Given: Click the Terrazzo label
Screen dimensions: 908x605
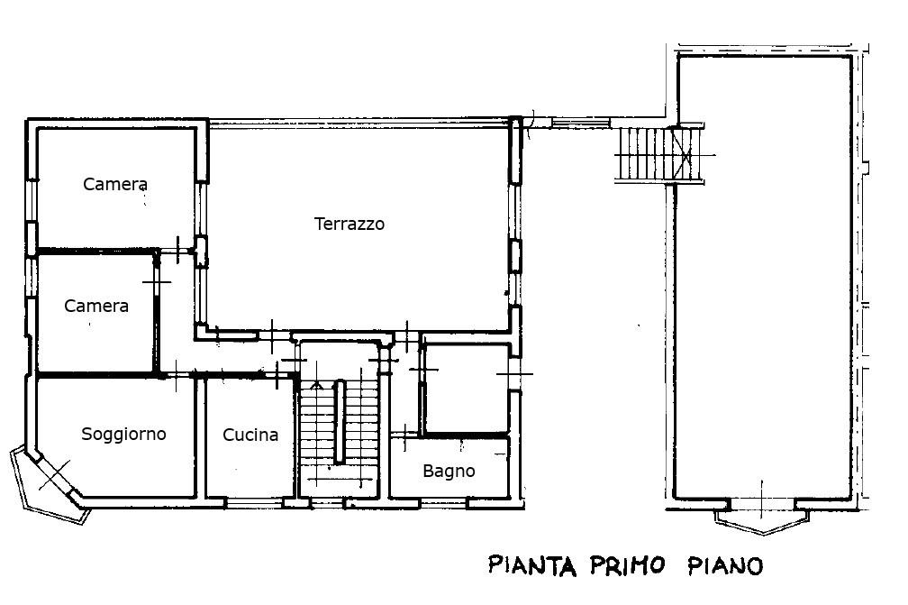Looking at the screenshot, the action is pos(350,225).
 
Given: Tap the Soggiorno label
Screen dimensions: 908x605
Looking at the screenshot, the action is pos(123,434).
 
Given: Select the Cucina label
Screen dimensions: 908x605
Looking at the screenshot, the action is pos(250,435).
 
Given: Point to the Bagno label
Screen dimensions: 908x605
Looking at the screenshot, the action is pos(449,472).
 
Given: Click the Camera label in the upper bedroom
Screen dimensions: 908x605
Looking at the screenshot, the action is pos(115,184).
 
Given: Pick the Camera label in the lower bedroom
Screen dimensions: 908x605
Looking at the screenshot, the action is pos(96,306).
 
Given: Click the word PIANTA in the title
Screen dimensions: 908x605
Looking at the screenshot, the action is pos(532,565).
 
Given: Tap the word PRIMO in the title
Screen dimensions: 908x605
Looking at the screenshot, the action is pos(627,565).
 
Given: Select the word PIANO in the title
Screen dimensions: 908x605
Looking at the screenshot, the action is pos(725,565).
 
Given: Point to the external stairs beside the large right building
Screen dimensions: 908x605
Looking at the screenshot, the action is pos(659,154).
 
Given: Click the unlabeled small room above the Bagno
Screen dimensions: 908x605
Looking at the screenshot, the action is pos(467,389).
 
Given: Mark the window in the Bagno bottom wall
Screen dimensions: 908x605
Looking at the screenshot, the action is pos(444,504).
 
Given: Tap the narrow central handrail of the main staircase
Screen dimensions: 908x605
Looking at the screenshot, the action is pos(340,421).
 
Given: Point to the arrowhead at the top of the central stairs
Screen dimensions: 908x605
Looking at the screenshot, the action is pos(316,384).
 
